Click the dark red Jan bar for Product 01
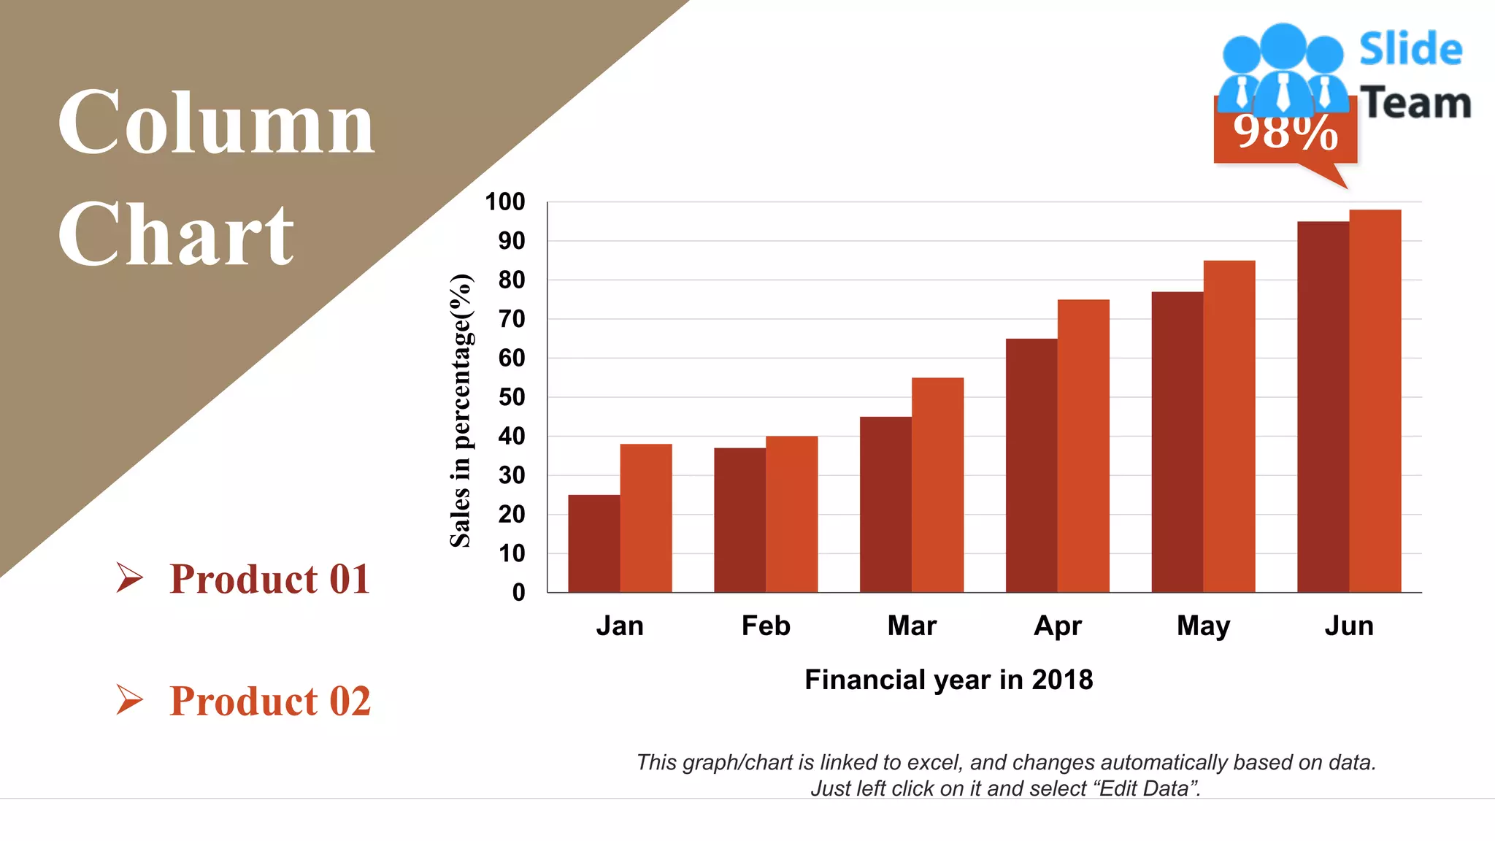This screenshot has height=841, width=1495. [x=593, y=543]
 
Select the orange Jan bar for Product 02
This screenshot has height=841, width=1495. [x=646, y=518]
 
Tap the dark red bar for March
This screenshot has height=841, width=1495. [x=885, y=504]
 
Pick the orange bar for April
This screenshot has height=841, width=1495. [x=1083, y=445]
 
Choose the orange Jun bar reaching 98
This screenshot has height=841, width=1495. [x=1375, y=401]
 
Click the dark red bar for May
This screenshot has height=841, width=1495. [x=1177, y=442]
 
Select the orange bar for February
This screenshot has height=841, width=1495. [x=791, y=514]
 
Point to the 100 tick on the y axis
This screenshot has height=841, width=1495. [x=505, y=201]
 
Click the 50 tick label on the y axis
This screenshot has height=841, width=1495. [x=512, y=397]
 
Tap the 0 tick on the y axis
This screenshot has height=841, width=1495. [x=518, y=592]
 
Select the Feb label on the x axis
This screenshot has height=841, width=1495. [x=766, y=626]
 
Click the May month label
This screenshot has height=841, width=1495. [x=1203, y=626]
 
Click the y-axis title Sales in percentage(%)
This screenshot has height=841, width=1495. [x=461, y=410]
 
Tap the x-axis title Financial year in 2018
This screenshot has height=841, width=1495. [x=948, y=680]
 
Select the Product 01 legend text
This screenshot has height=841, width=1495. [x=269, y=579]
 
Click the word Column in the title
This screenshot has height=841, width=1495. [x=216, y=122]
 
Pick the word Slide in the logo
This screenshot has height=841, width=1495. [x=1410, y=50]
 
